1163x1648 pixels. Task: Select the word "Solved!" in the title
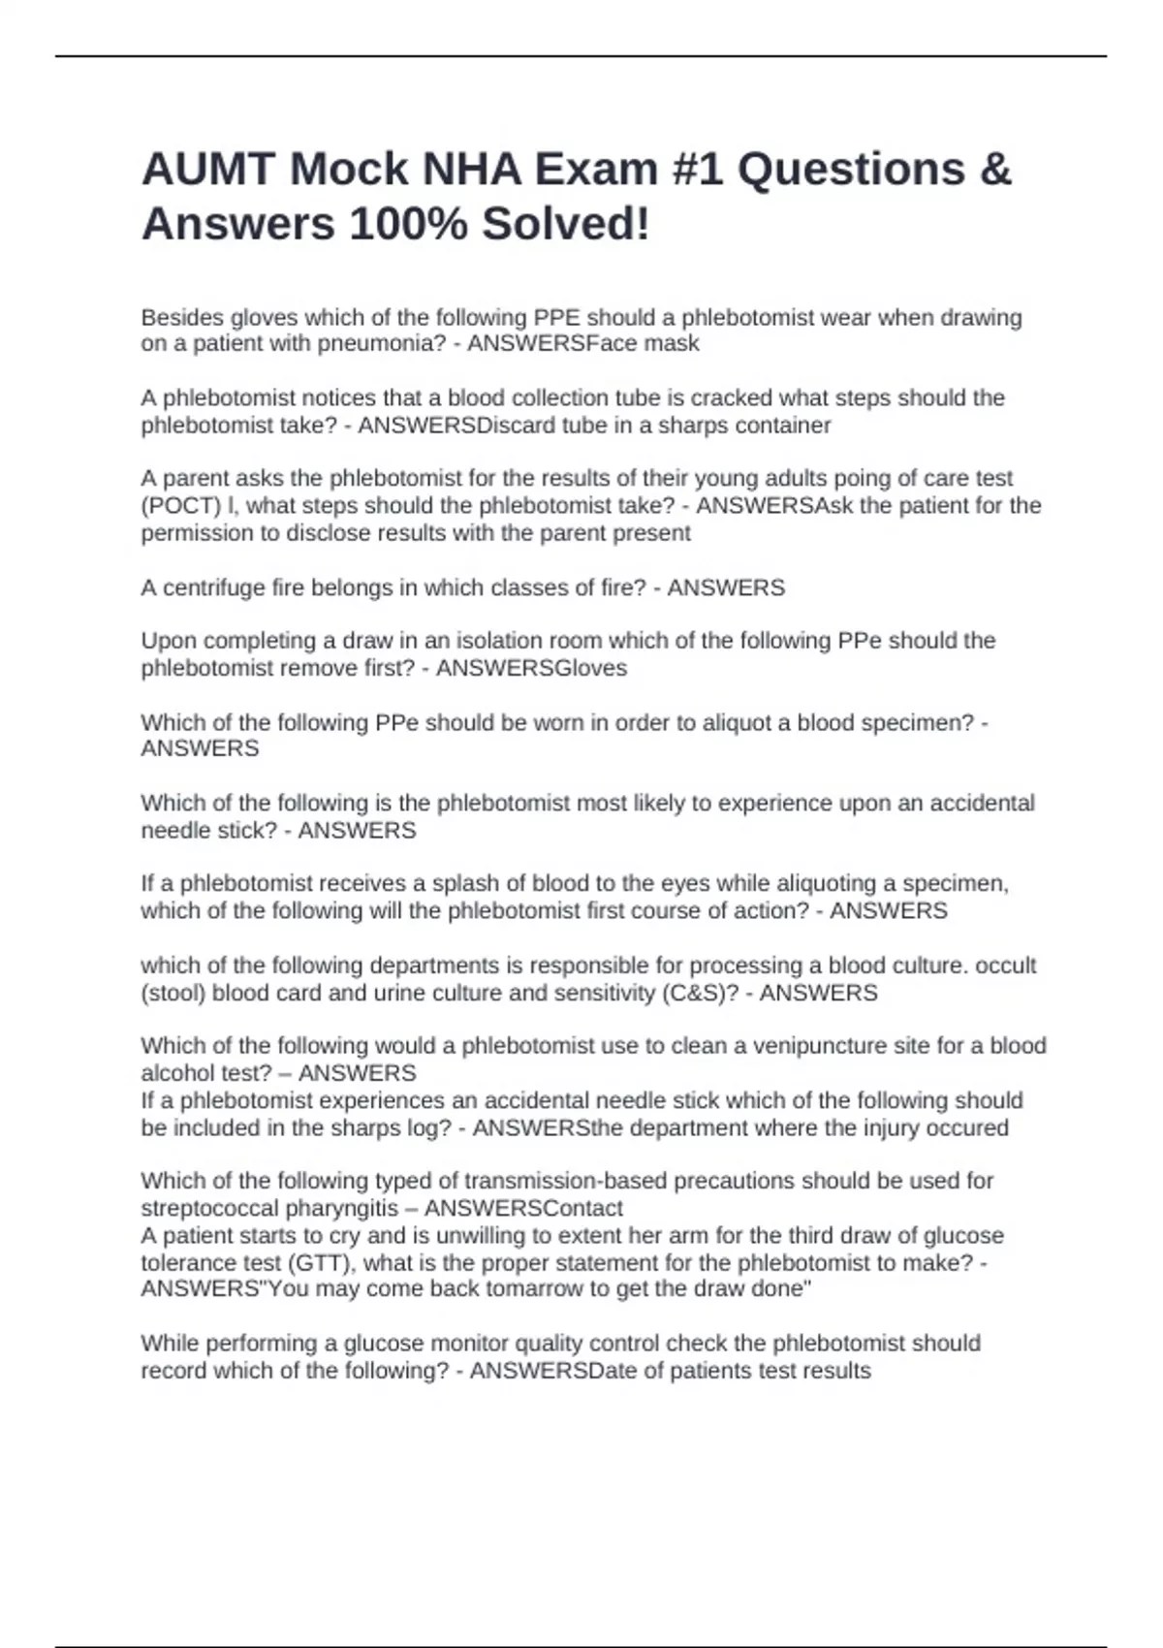(566, 225)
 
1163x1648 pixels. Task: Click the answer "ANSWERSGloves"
(531, 668)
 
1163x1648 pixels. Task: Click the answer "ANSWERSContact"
(523, 1209)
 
